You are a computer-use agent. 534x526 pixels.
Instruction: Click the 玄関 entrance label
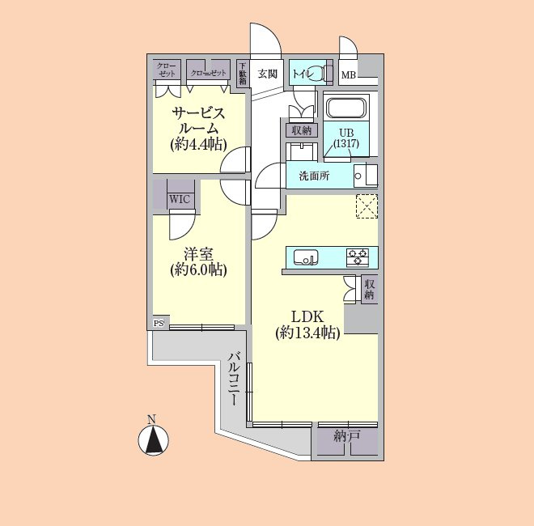pos(268,74)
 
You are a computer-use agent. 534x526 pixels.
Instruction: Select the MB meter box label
pos(348,76)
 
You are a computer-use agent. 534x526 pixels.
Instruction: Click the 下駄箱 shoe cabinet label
pos(243,73)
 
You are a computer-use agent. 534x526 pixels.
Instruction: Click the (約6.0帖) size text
pos(198,269)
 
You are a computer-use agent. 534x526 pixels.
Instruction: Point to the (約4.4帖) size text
pos(197,144)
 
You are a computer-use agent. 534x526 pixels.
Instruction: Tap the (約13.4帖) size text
pos(307,333)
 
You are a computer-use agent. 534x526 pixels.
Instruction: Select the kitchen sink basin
pos(305,258)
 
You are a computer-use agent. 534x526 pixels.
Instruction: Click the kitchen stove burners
pos(357,258)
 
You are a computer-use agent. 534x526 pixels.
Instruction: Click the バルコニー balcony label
pos(234,379)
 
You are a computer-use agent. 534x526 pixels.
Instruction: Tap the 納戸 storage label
pos(346,437)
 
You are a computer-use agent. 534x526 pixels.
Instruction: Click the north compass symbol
pos(151,439)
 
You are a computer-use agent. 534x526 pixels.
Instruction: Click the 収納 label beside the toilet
pos(302,130)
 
